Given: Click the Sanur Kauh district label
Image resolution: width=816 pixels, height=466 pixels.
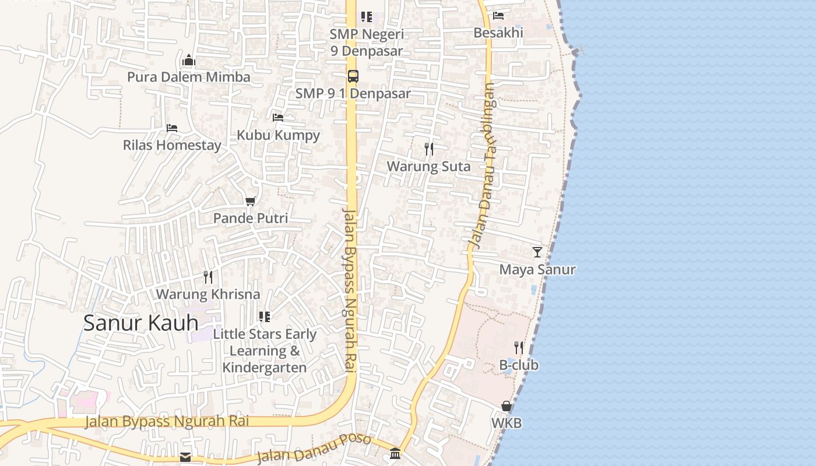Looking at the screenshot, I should point(140,323).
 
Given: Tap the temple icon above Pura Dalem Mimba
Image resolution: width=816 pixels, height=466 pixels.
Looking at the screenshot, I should point(188,61).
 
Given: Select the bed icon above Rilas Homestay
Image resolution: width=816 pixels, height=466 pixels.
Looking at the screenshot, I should point(171,128).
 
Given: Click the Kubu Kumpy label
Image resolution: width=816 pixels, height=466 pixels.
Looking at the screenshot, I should point(278,135).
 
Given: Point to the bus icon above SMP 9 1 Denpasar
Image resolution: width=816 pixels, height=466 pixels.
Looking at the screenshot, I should point(353,76).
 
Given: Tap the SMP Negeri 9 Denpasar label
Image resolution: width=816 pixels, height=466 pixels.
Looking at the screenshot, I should point(367,43).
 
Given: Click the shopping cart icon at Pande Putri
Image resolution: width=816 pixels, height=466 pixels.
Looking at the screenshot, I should point(250,202).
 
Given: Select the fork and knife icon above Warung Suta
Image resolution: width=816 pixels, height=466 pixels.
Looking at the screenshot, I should point(429,149).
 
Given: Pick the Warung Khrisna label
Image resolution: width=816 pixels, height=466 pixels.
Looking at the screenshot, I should point(207,294).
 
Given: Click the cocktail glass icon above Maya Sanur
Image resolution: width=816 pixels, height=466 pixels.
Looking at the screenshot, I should point(537,252).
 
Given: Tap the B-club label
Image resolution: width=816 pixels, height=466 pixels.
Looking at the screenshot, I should point(519,365).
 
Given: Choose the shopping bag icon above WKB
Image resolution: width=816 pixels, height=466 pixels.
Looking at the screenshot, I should point(507,406).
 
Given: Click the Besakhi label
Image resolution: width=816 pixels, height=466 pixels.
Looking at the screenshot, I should point(498,33).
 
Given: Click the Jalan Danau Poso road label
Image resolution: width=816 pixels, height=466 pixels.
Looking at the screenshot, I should point(314,448).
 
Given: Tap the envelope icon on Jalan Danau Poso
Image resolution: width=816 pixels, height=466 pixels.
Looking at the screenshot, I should point(185,457).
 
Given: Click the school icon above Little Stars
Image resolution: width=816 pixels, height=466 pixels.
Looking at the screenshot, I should point(265,317).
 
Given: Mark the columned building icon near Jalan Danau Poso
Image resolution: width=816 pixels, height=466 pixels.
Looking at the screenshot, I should point(395,453).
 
